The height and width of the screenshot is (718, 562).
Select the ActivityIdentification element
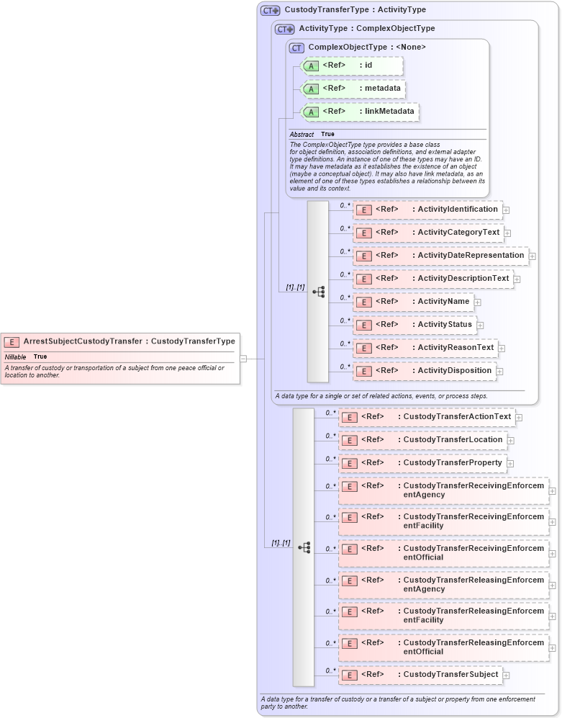(427, 210)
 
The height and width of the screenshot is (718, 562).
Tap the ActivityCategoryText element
(428, 233)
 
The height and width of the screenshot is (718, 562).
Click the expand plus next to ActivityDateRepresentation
(532, 256)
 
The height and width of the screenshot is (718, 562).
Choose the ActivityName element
(413, 302)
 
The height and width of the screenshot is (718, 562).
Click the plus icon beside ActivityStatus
(480, 326)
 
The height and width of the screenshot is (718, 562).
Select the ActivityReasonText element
(425, 348)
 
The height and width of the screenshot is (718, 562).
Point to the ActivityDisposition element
(425, 371)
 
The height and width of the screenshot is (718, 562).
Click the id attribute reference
(351, 66)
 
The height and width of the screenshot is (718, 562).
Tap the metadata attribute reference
(353, 89)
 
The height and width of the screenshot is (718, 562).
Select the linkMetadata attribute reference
(359, 112)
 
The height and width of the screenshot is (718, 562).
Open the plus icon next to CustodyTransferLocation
(510, 441)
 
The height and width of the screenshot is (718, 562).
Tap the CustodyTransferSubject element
(420, 675)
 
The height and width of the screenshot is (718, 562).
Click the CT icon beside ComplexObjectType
(296, 48)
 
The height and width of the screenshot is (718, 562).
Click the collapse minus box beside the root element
(243, 358)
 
